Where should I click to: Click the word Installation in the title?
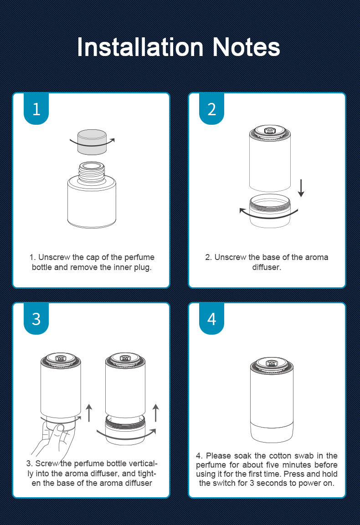(140, 47)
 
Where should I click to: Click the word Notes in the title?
(246, 47)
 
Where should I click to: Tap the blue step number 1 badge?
(36, 109)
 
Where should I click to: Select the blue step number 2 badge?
(211, 109)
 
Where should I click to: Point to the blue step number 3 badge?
(36, 318)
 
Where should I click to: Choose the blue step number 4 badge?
(211, 318)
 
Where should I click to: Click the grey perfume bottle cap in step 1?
(92, 142)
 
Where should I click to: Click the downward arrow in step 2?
(301, 188)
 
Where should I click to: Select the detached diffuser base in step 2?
(270, 211)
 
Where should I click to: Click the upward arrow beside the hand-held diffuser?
(89, 413)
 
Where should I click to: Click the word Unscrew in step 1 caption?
(54, 257)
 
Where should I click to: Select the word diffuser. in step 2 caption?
(267, 267)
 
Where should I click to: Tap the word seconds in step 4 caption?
(272, 483)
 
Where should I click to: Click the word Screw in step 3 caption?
(46, 464)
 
